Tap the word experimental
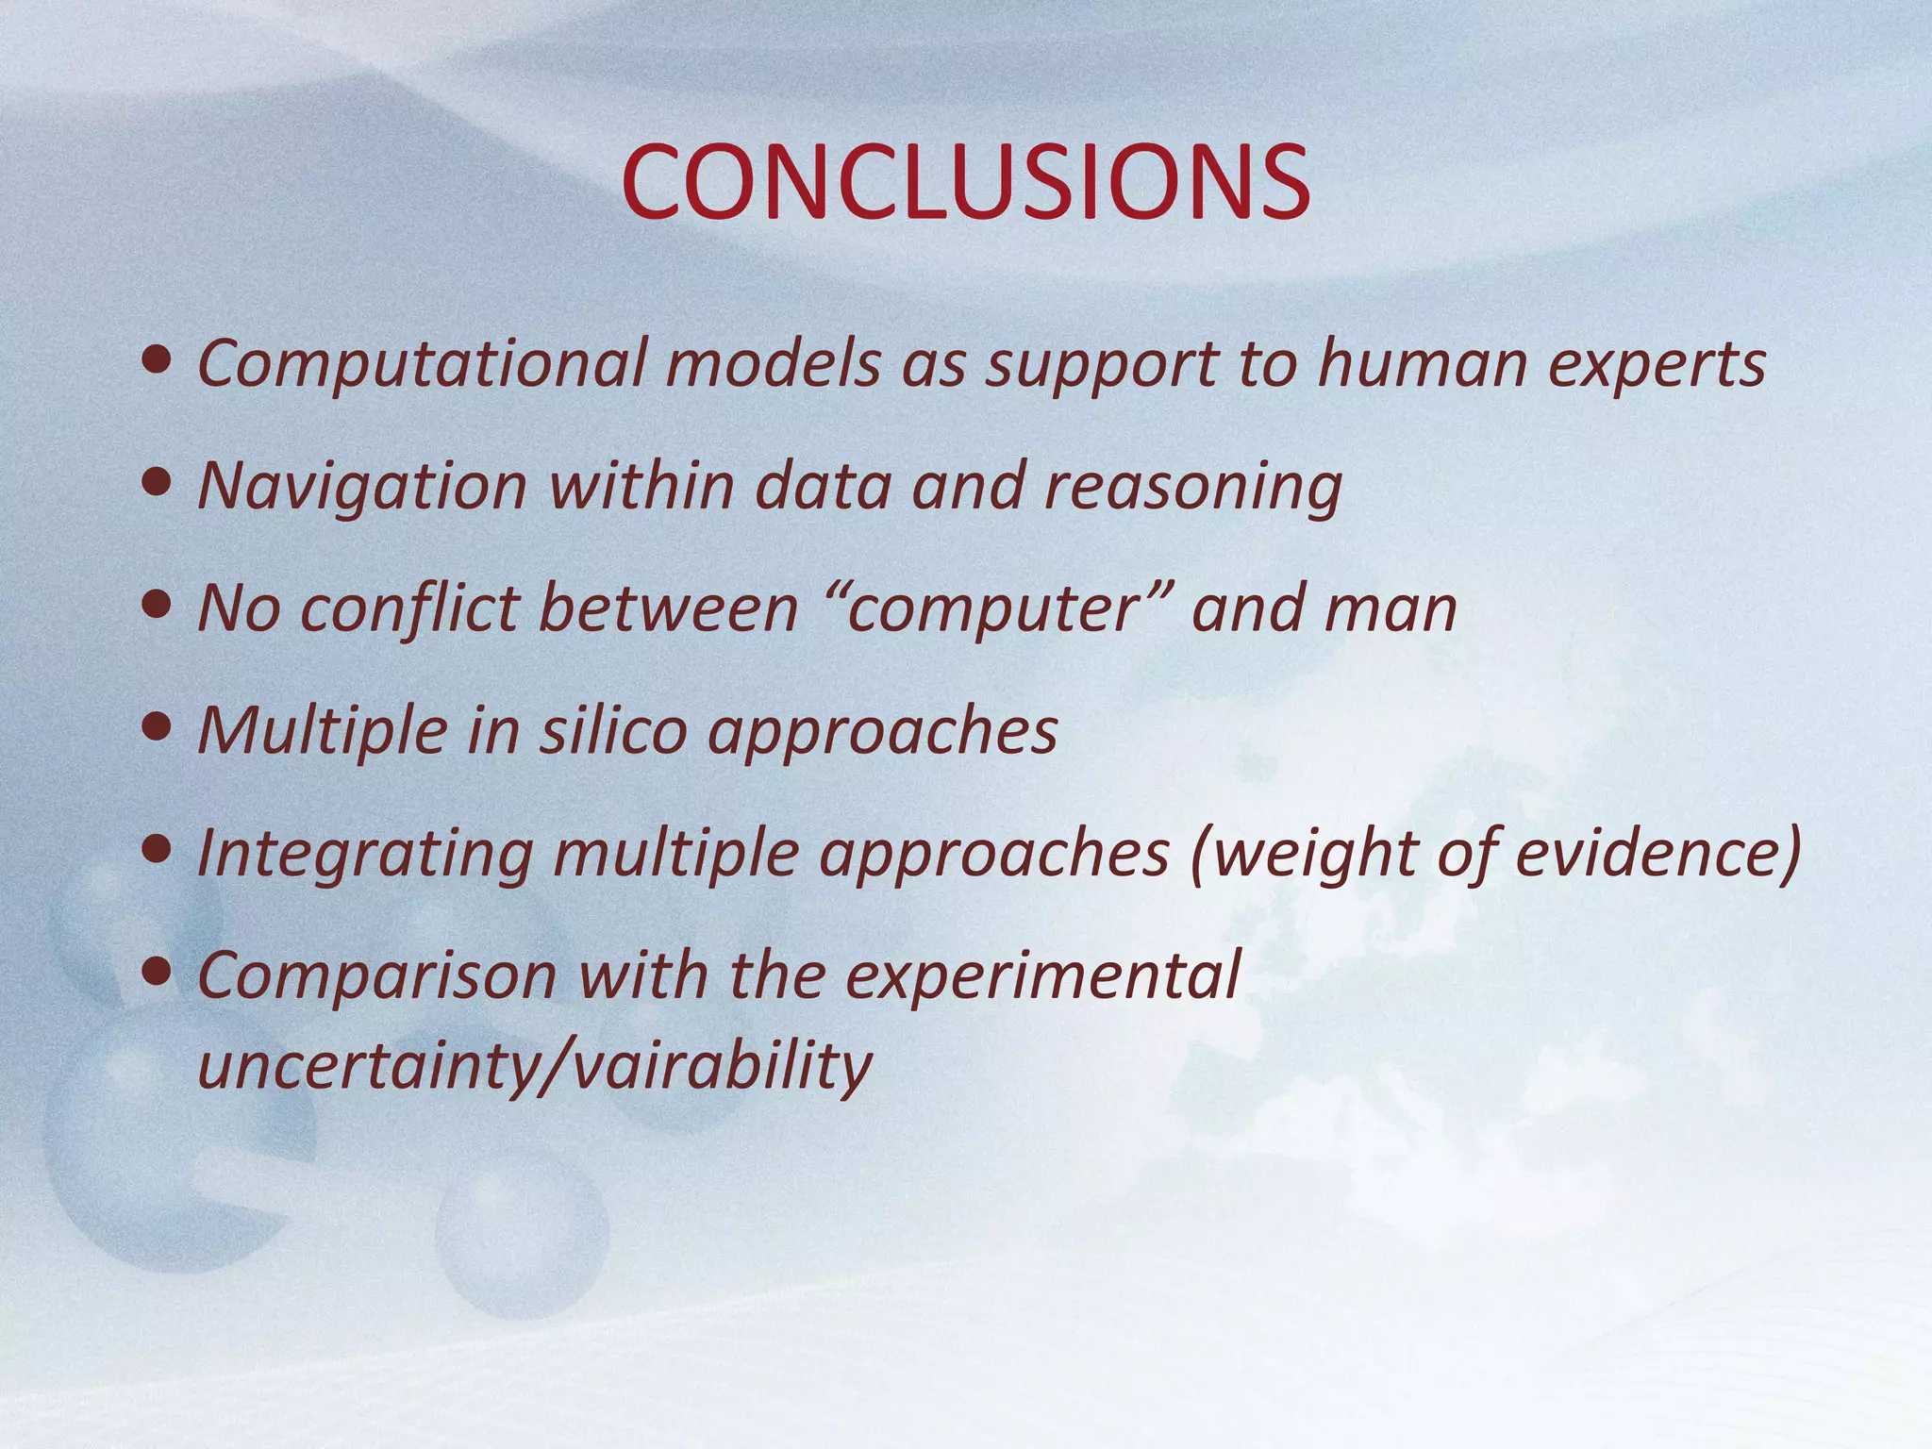pyautogui.click(x=1041, y=976)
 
